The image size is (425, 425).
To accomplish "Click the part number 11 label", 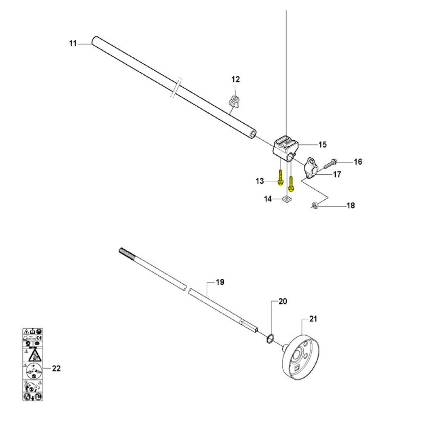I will [x=73, y=43].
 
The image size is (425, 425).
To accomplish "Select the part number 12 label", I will [x=235, y=79].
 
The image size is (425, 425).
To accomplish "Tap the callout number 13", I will [x=260, y=181].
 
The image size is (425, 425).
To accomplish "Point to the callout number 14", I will [x=268, y=199].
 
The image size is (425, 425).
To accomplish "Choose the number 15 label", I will [x=322, y=144].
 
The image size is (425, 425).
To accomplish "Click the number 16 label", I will [x=358, y=161].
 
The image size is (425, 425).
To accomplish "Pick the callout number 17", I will [x=337, y=175].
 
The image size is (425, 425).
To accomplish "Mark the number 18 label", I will [x=351, y=205].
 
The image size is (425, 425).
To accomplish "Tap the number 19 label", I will [x=220, y=282].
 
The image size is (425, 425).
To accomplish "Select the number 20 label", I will [x=282, y=302].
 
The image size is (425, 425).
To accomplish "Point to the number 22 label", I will [x=56, y=368].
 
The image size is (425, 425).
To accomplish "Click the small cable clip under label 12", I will [x=234, y=101].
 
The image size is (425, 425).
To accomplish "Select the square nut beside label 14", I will [x=286, y=200].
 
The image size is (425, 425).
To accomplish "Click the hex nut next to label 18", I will [x=315, y=205].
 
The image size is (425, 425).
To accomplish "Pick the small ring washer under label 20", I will [x=270, y=339].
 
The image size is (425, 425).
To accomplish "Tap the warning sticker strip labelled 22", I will [x=33, y=364].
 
